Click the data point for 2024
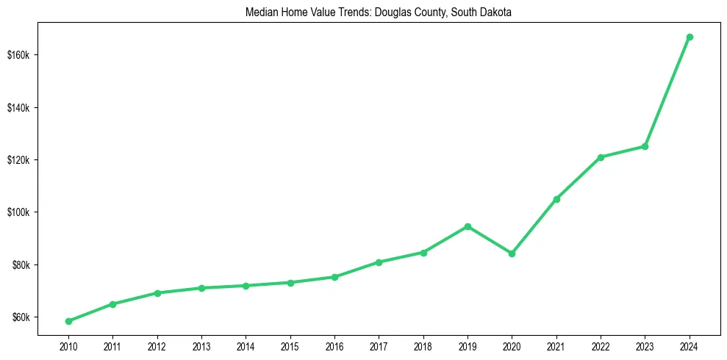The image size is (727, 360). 690,37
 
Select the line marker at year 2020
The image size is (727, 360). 512,253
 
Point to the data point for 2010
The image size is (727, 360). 68,321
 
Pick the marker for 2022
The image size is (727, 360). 601,157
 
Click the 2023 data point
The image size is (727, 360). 645,146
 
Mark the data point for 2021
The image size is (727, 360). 556,199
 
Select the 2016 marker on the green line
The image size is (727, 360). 334,277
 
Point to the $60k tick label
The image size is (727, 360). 22,317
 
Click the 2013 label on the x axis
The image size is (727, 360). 201,345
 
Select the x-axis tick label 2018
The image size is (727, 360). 423,345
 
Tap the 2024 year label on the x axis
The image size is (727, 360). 690,345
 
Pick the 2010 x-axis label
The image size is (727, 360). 68,345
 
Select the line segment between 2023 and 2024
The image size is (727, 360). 667,91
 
